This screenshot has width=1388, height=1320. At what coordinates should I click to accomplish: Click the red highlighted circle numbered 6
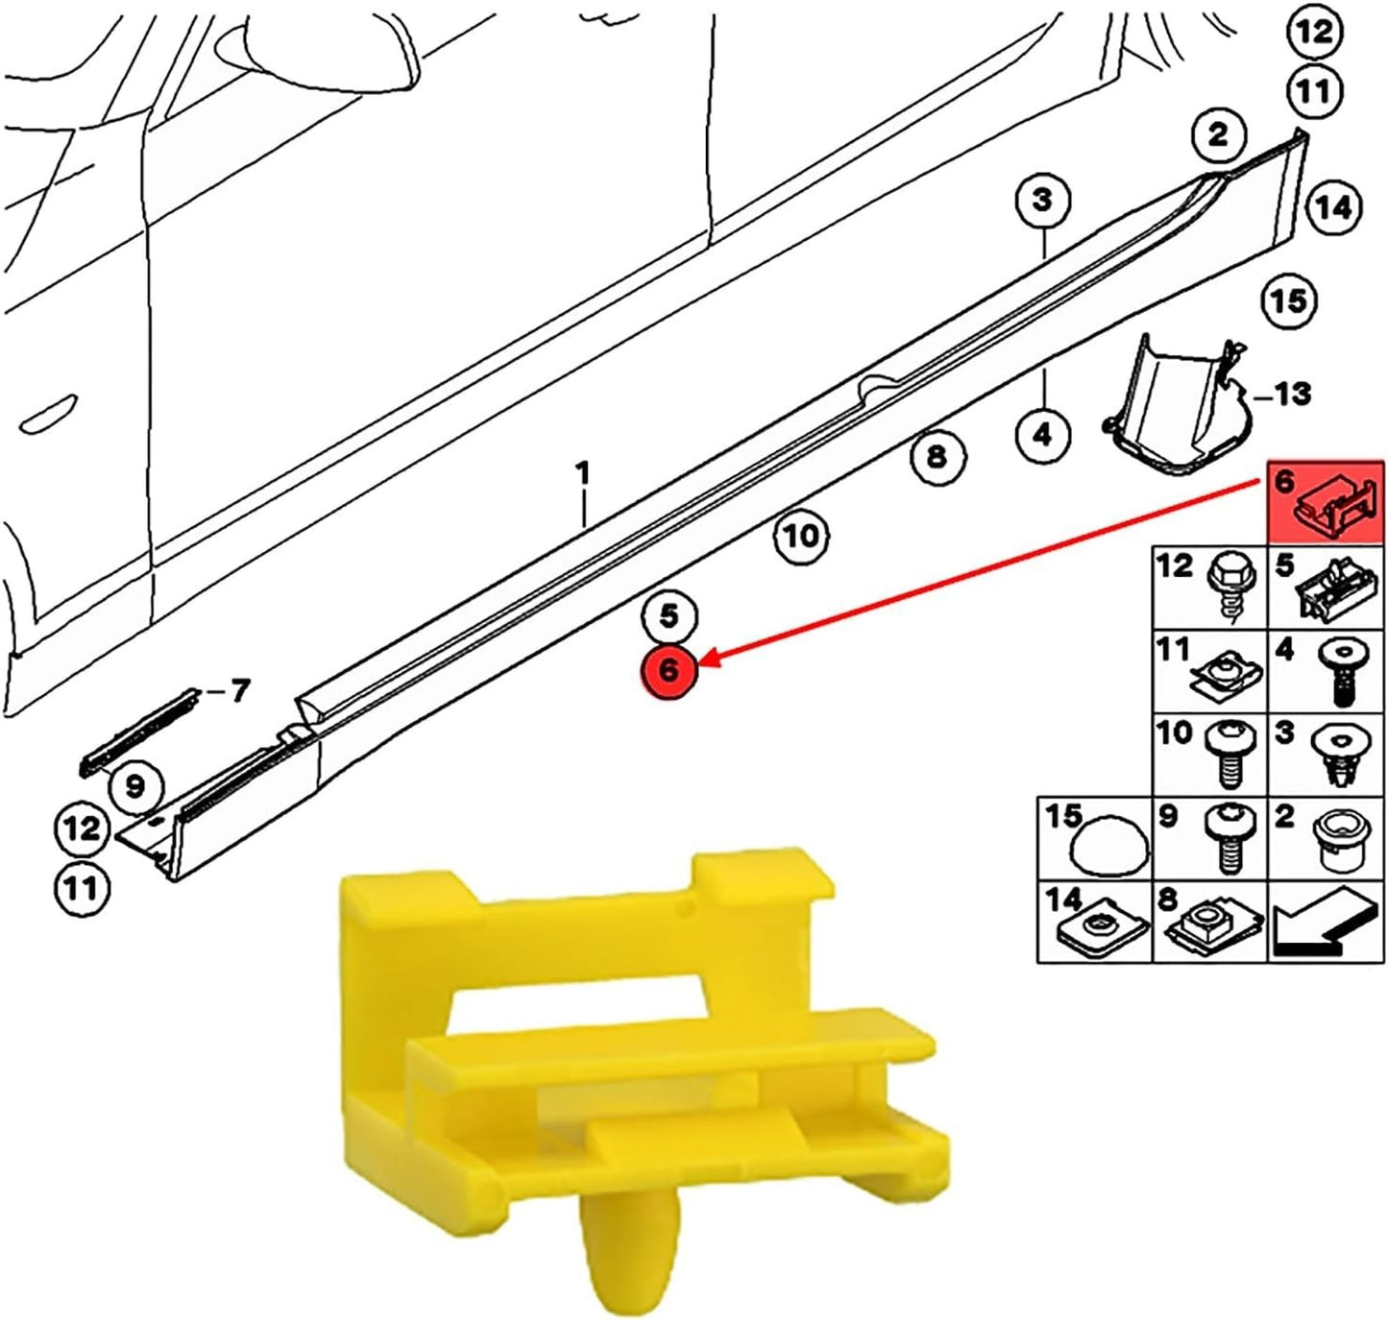[670, 669]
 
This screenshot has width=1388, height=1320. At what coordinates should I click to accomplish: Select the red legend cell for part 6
[1327, 503]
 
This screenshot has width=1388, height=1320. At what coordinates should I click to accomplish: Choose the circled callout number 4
[1043, 435]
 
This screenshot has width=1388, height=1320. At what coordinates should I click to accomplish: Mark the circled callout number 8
[937, 456]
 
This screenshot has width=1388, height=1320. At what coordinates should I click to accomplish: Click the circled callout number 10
[801, 535]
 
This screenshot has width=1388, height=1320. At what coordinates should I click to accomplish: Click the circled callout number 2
[1217, 134]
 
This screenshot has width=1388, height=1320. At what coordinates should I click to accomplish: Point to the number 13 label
[1292, 394]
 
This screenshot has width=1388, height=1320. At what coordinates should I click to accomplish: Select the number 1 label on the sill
[582, 474]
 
